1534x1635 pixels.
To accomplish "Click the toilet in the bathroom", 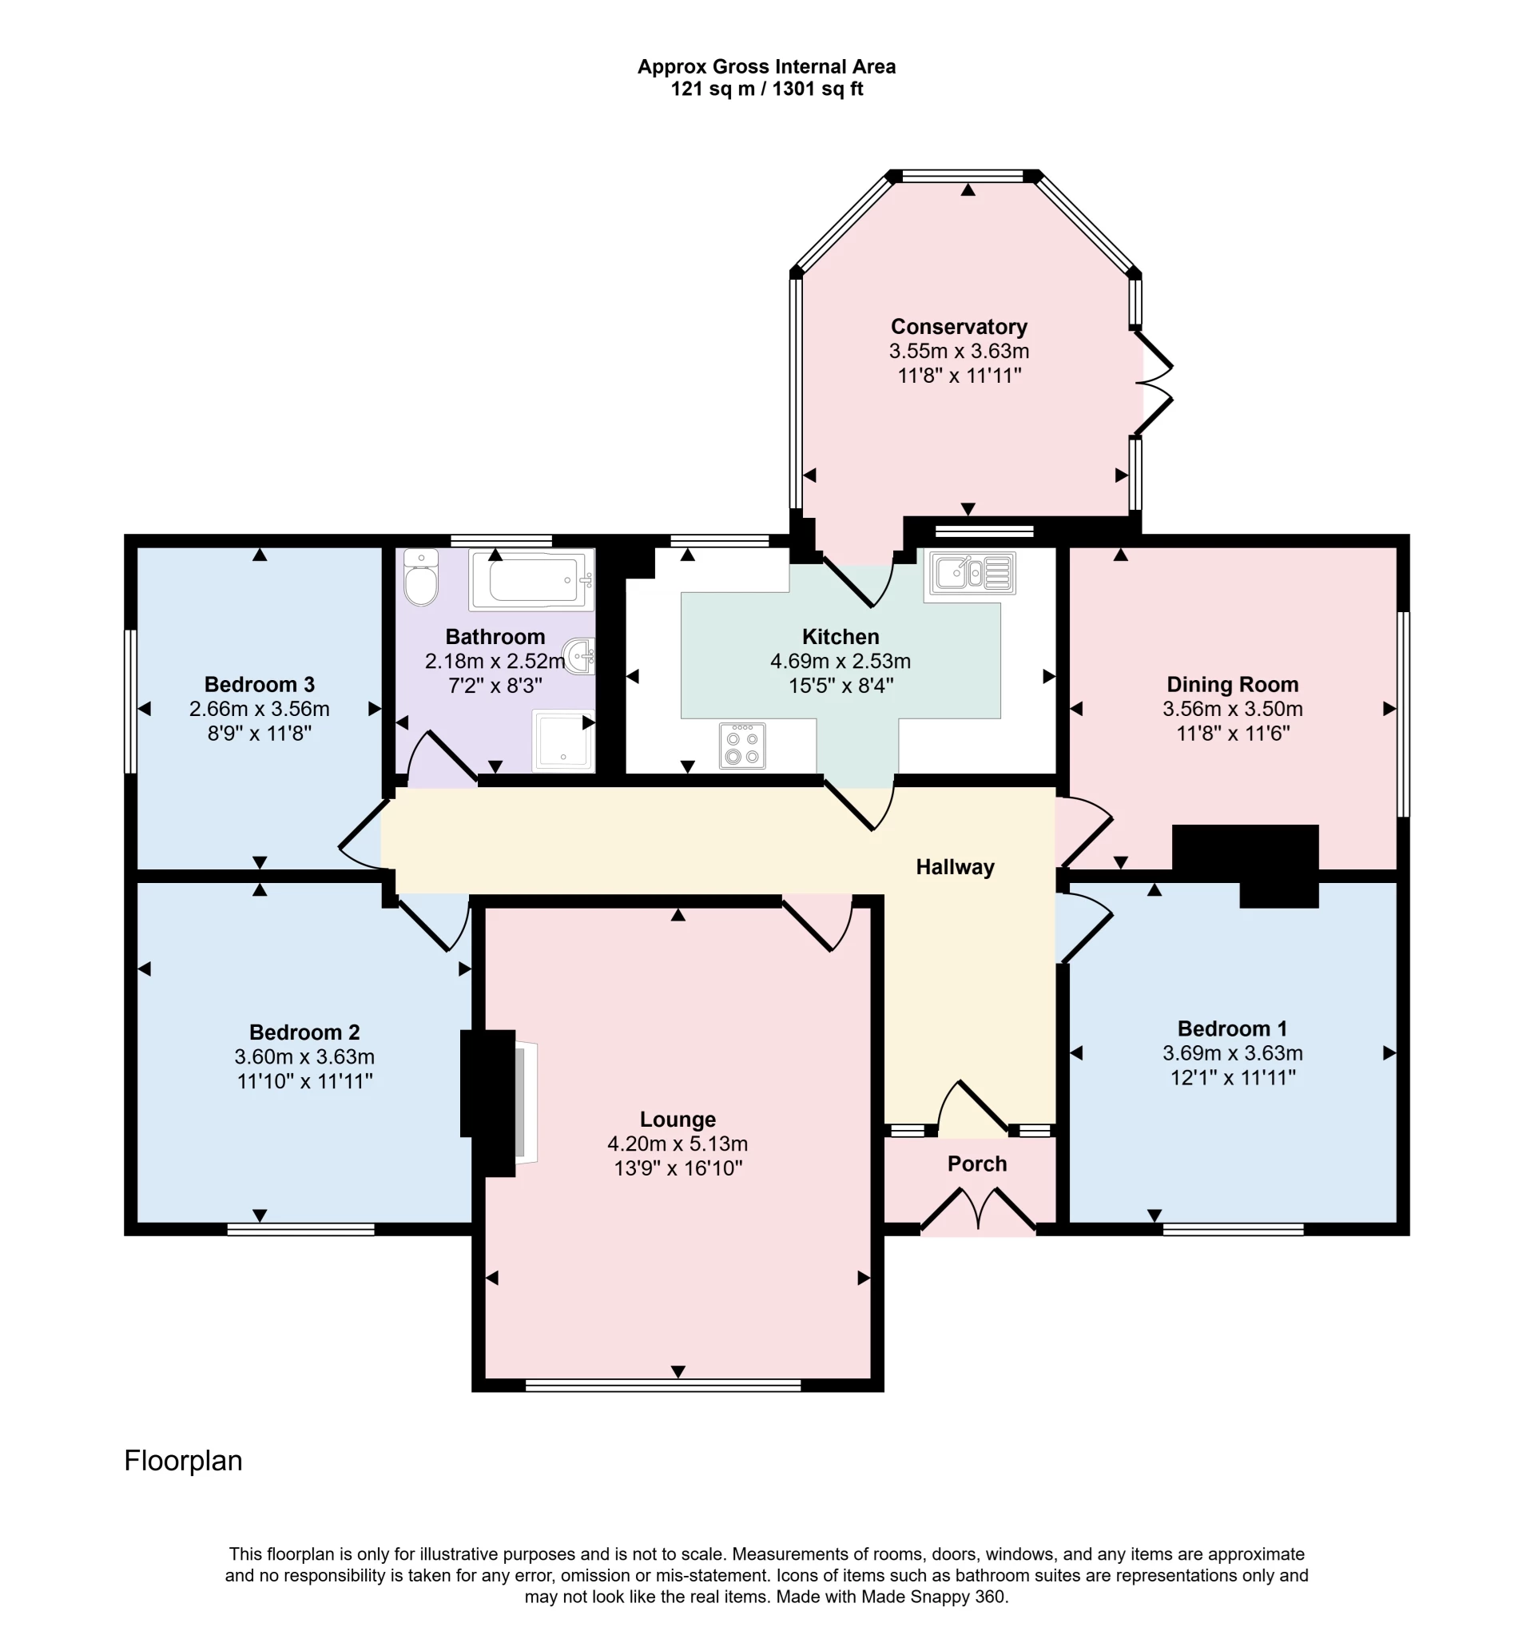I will [421, 579].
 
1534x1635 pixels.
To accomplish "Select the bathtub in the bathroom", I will [531, 581].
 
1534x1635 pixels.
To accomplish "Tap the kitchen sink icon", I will [972, 573].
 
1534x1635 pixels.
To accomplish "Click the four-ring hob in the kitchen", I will [742, 746].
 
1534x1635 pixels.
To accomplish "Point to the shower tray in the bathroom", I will [563, 740].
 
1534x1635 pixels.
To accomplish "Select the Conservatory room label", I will [959, 328].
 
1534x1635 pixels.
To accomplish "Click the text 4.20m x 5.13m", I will [678, 1144].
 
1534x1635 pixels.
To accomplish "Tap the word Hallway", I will [955, 867].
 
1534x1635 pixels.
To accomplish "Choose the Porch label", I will [976, 1164].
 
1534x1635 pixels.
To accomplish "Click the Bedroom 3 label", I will [259, 684].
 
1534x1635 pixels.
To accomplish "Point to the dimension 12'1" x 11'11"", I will [1232, 1077].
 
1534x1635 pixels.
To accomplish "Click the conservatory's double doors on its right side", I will [1154, 383].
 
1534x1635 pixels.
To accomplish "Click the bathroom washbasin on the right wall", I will [582, 656].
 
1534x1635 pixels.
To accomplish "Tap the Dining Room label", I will [1232, 684].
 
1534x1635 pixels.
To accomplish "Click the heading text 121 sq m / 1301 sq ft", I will [766, 89].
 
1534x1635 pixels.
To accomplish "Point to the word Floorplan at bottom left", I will [183, 1461].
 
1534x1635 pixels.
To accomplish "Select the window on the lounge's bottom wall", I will [662, 1386].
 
